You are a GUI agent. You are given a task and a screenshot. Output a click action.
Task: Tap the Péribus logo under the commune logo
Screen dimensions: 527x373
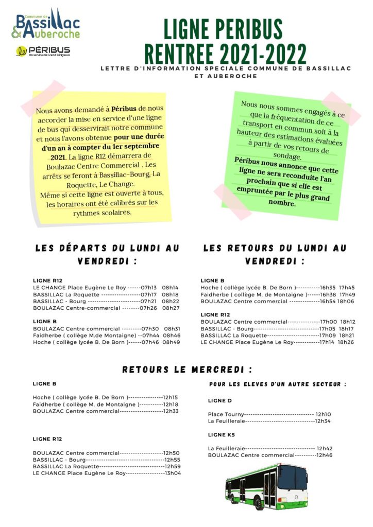click(x=43, y=51)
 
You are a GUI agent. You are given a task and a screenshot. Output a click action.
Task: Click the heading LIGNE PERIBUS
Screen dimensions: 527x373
click(x=223, y=30)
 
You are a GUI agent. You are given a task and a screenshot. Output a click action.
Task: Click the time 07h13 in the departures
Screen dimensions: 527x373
click(x=149, y=288)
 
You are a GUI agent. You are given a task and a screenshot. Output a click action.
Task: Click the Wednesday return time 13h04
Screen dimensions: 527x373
click(x=172, y=473)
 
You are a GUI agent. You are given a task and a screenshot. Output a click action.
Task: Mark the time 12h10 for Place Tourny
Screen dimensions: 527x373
click(x=323, y=414)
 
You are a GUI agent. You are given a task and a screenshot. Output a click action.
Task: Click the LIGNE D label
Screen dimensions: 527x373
click(x=220, y=400)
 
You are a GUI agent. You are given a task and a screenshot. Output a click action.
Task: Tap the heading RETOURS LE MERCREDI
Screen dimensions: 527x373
click(x=187, y=370)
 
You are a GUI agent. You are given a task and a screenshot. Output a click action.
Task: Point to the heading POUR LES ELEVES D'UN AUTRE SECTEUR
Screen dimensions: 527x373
click(x=278, y=384)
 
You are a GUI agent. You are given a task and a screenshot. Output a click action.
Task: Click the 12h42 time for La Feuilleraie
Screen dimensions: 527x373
click(x=325, y=448)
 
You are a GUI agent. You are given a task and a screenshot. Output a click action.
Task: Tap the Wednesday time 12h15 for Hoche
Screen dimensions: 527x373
click(x=170, y=397)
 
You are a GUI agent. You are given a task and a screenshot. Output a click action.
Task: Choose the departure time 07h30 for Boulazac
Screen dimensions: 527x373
click(x=149, y=328)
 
